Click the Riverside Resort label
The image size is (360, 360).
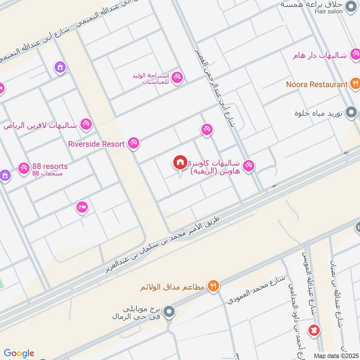point(96,144)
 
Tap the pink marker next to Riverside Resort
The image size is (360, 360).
point(133,144)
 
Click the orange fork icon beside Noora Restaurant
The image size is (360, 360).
point(355,84)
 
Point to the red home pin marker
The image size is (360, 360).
point(180,162)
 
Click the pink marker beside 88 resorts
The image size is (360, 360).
point(23,168)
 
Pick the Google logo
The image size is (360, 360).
point(19,353)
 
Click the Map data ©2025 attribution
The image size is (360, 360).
point(335,355)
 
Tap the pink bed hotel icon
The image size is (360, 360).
point(82,207)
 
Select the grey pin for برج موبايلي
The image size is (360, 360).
point(169,311)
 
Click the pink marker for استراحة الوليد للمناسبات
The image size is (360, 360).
point(177,77)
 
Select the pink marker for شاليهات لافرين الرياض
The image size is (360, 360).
point(85,124)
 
